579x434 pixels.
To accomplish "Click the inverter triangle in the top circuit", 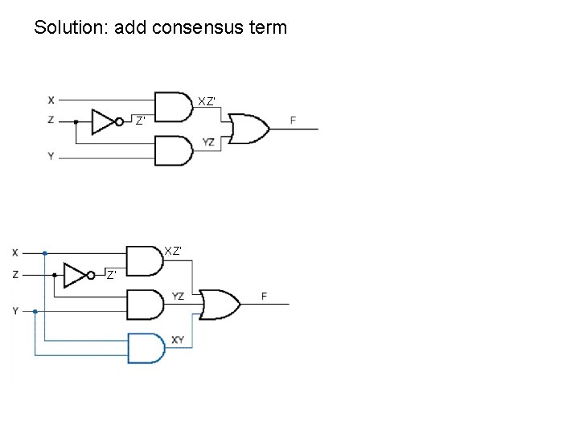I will [x=104, y=122].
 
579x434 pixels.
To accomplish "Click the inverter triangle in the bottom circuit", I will [x=76, y=276].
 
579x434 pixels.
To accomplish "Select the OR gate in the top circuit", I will [x=248, y=128].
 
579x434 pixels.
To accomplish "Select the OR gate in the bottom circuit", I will [x=220, y=304].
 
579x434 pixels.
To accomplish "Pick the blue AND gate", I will [x=146, y=347].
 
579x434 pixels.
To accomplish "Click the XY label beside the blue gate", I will [x=178, y=340].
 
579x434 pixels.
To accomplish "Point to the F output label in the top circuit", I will [x=293, y=121].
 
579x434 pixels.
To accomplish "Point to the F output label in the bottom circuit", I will [x=264, y=297].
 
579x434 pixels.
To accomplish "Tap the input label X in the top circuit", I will [x=51, y=100].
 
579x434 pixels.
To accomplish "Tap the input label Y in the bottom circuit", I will [x=15, y=311].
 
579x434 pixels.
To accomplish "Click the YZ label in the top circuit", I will [x=208, y=142].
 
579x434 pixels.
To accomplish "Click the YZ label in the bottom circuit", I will [x=178, y=297].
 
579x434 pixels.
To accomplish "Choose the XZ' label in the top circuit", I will [x=207, y=101].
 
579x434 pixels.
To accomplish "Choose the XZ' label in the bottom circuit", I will [x=173, y=251].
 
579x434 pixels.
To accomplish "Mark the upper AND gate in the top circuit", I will [x=173, y=107].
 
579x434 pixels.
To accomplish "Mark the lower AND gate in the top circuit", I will [x=173, y=150].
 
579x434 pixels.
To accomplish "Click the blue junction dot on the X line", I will [x=45, y=252].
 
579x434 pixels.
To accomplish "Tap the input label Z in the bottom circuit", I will [x=15, y=275].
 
